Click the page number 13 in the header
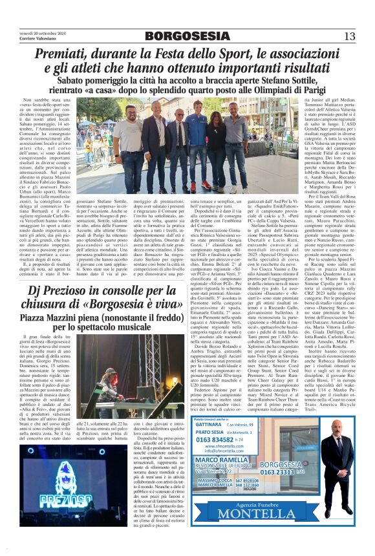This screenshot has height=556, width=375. tap(349, 36)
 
